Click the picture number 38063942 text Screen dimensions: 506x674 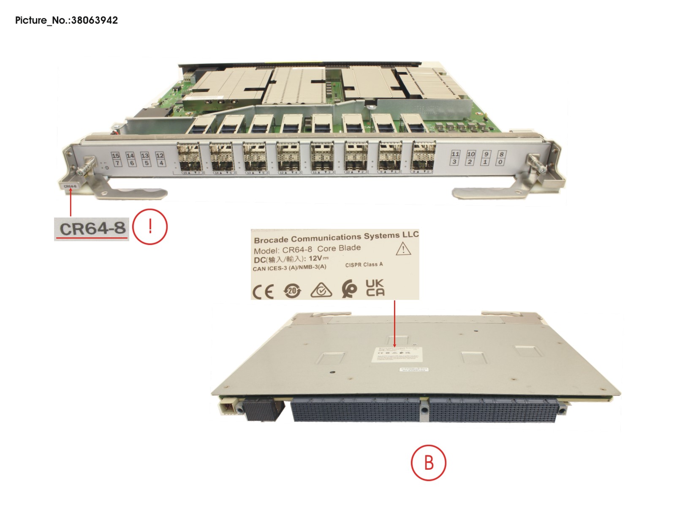[95, 20]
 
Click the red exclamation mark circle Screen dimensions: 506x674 [150, 227]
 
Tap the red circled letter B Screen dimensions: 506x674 [428, 462]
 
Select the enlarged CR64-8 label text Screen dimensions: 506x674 [92, 229]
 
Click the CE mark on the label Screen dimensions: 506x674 [263, 291]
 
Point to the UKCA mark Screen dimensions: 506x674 [375, 288]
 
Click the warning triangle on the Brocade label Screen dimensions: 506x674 [403, 249]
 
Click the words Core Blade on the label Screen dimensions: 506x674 [339, 248]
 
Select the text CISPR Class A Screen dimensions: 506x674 [364, 265]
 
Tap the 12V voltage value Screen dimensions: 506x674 [315, 258]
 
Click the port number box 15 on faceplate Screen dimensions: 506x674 [116, 156]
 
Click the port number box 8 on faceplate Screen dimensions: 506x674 [501, 154]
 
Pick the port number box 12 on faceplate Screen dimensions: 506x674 [160, 155]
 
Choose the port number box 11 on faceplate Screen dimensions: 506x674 [455, 154]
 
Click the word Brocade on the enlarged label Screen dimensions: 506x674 [271, 239]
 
